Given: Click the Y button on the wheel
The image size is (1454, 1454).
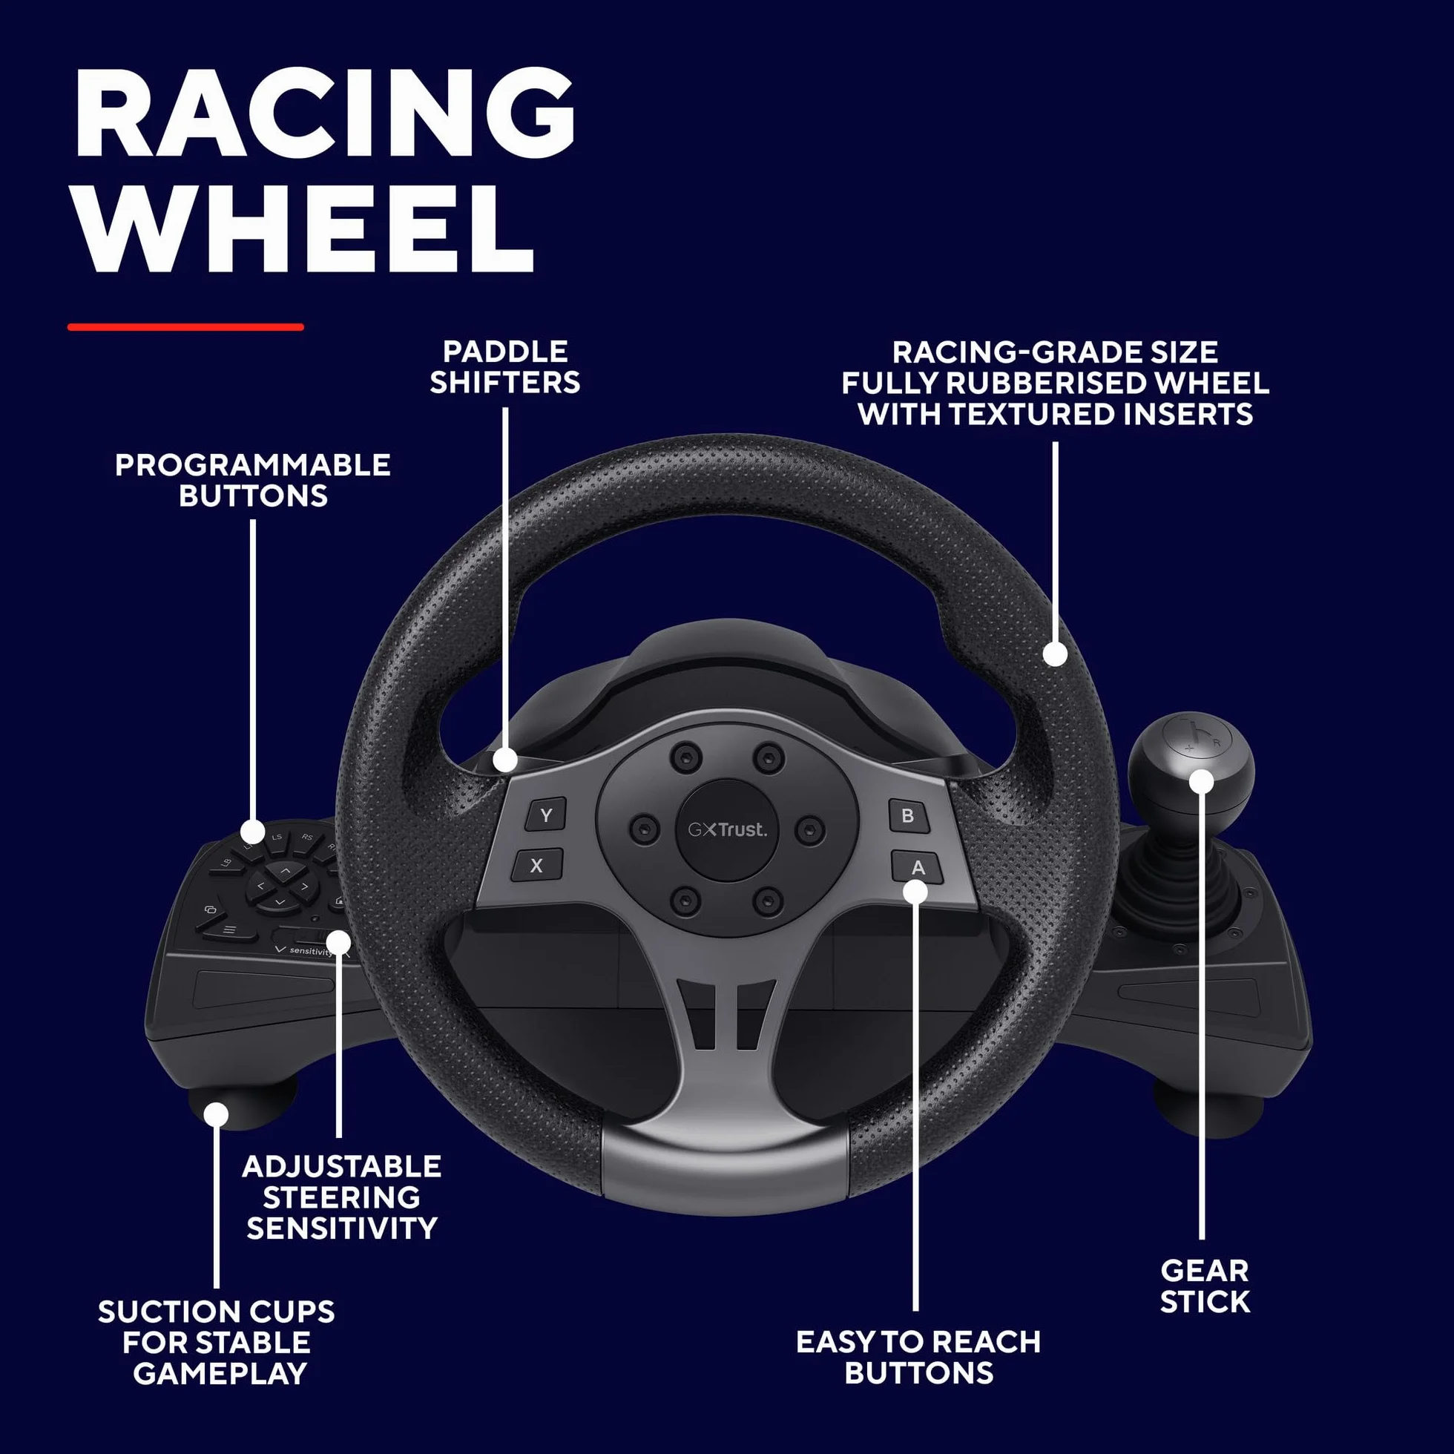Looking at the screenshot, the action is pyautogui.click(x=546, y=815).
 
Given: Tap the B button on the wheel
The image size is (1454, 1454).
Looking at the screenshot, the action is pyautogui.click(x=907, y=816).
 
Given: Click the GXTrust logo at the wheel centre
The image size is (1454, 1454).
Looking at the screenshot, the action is pyautogui.click(x=727, y=829).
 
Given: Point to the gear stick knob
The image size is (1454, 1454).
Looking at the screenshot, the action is pyautogui.click(x=1191, y=761).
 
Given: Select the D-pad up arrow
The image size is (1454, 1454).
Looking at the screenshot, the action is pyautogui.click(x=284, y=871).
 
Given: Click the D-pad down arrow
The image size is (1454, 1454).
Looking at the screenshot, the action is pyautogui.click(x=280, y=901).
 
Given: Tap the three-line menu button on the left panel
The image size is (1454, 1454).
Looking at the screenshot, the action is pyautogui.click(x=228, y=930).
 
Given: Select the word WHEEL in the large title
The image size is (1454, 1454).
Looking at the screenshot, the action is pyautogui.click(x=305, y=228).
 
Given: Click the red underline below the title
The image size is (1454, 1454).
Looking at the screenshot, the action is pyautogui.click(x=186, y=326).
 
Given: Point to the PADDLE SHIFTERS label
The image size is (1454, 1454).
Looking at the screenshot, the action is pyautogui.click(x=505, y=366).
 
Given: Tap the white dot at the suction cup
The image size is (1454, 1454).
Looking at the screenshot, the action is pyautogui.click(x=216, y=1113).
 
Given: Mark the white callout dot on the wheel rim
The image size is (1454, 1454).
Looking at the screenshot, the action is pyautogui.click(x=1055, y=654).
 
